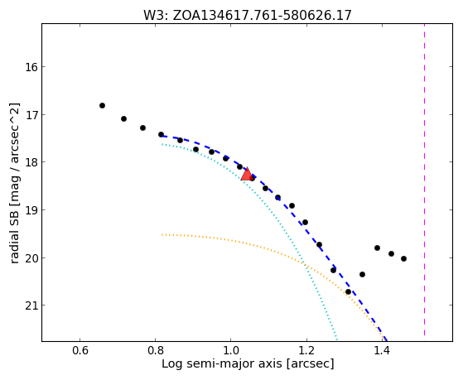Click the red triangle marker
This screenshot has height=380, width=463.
coord(247,174)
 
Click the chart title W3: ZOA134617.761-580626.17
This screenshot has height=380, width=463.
coord(248,16)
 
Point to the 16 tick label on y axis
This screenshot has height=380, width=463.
coord(31,67)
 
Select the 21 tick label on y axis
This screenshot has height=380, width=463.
coord(31,305)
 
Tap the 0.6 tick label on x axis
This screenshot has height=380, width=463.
coord(80,350)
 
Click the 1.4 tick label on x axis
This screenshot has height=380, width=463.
coord(383,350)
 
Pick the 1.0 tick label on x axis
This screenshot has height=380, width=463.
coord(231,350)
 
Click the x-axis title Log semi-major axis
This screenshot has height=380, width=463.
coord(222,364)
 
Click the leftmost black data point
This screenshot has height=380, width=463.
coord(102,105)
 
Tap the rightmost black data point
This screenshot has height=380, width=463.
coord(403,258)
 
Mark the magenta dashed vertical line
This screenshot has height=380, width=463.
coord(424,180)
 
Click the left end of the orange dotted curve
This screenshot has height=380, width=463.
coord(162,235)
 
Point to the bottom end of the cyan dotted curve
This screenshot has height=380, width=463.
coord(336,339)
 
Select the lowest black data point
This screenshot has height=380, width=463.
coord(348,291)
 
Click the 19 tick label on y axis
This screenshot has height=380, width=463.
coord(31,210)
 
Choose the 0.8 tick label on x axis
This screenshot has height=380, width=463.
coord(156,350)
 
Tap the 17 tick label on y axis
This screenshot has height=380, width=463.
coord(31,114)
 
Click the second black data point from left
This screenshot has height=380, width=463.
coord(123,118)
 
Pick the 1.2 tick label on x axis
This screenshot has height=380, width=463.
coord(306,350)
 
